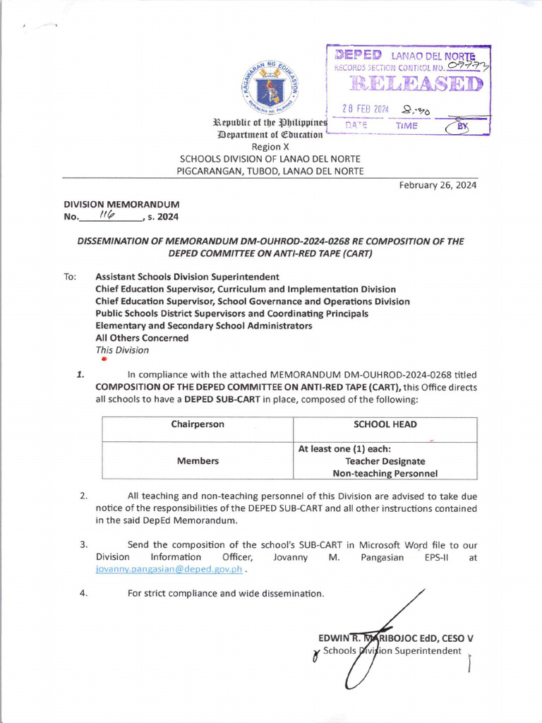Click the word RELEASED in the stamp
pyautogui.click(x=408, y=85)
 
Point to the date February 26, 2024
pyautogui.click(x=438, y=185)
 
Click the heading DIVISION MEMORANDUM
pyautogui.click(x=122, y=204)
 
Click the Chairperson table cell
pyautogui.click(x=198, y=424)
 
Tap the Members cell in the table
pyautogui.click(x=198, y=461)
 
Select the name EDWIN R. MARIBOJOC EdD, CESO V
pyautogui.click(x=396, y=638)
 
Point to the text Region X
pyautogui.click(x=271, y=147)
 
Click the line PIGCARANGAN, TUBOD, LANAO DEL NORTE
pyautogui.click(x=271, y=171)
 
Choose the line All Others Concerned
pyautogui.click(x=142, y=337)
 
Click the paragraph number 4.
pyautogui.click(x=83, y=593)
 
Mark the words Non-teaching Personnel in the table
pyautogui.click(x=385, y=474)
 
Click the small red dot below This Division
pyautogui.click(x=103, y=359)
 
